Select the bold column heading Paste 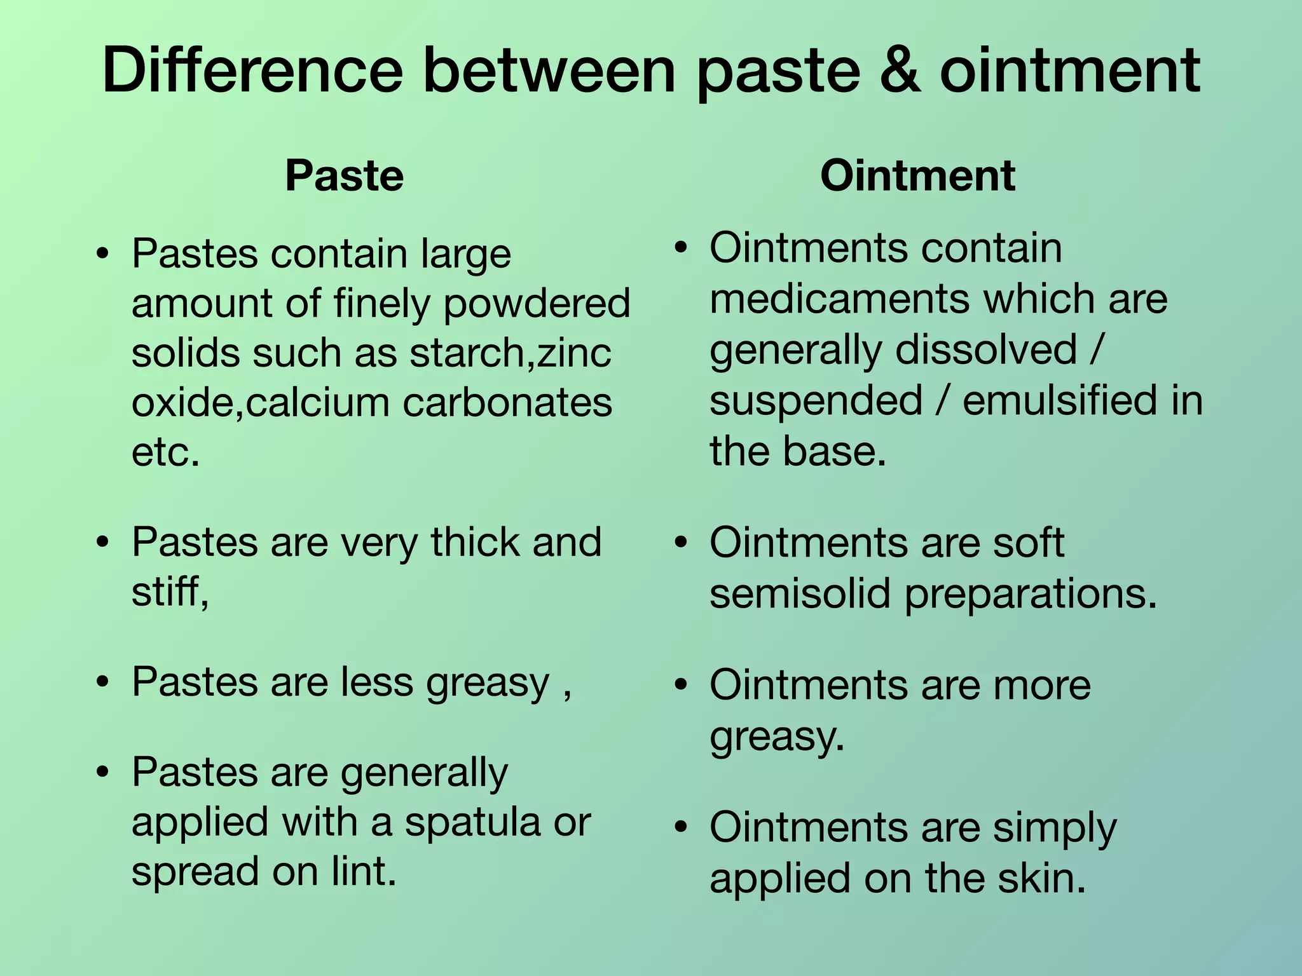point(344,175)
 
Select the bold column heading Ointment point(917,175)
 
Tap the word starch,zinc point(510,353)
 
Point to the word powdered point(537,304)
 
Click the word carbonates point(507,403)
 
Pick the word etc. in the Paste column point(165,452)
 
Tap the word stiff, point(170,592)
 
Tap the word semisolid point(800,594)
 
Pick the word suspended point(816,401)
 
